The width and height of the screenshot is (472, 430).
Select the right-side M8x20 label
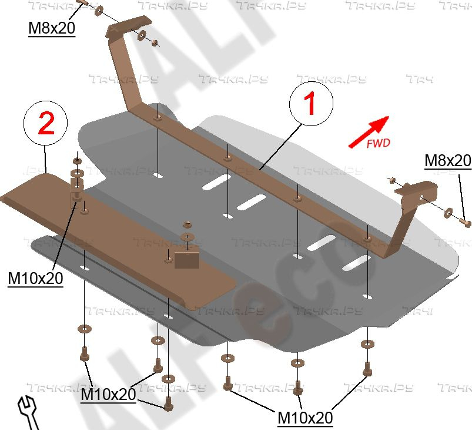(x=448, y=160)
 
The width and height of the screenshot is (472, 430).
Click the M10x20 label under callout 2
(x=35, y=278)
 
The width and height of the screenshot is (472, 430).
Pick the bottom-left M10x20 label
(x=108, y=393)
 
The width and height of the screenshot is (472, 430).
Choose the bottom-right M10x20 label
(x=305, y=418)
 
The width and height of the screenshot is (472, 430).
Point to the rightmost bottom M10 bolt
(x=367, y=368)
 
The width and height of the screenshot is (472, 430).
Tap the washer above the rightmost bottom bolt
(x=367, y=344)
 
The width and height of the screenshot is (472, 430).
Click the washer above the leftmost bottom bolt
(x=84, y=329)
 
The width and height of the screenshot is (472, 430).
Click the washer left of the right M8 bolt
(x=448, y=211)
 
